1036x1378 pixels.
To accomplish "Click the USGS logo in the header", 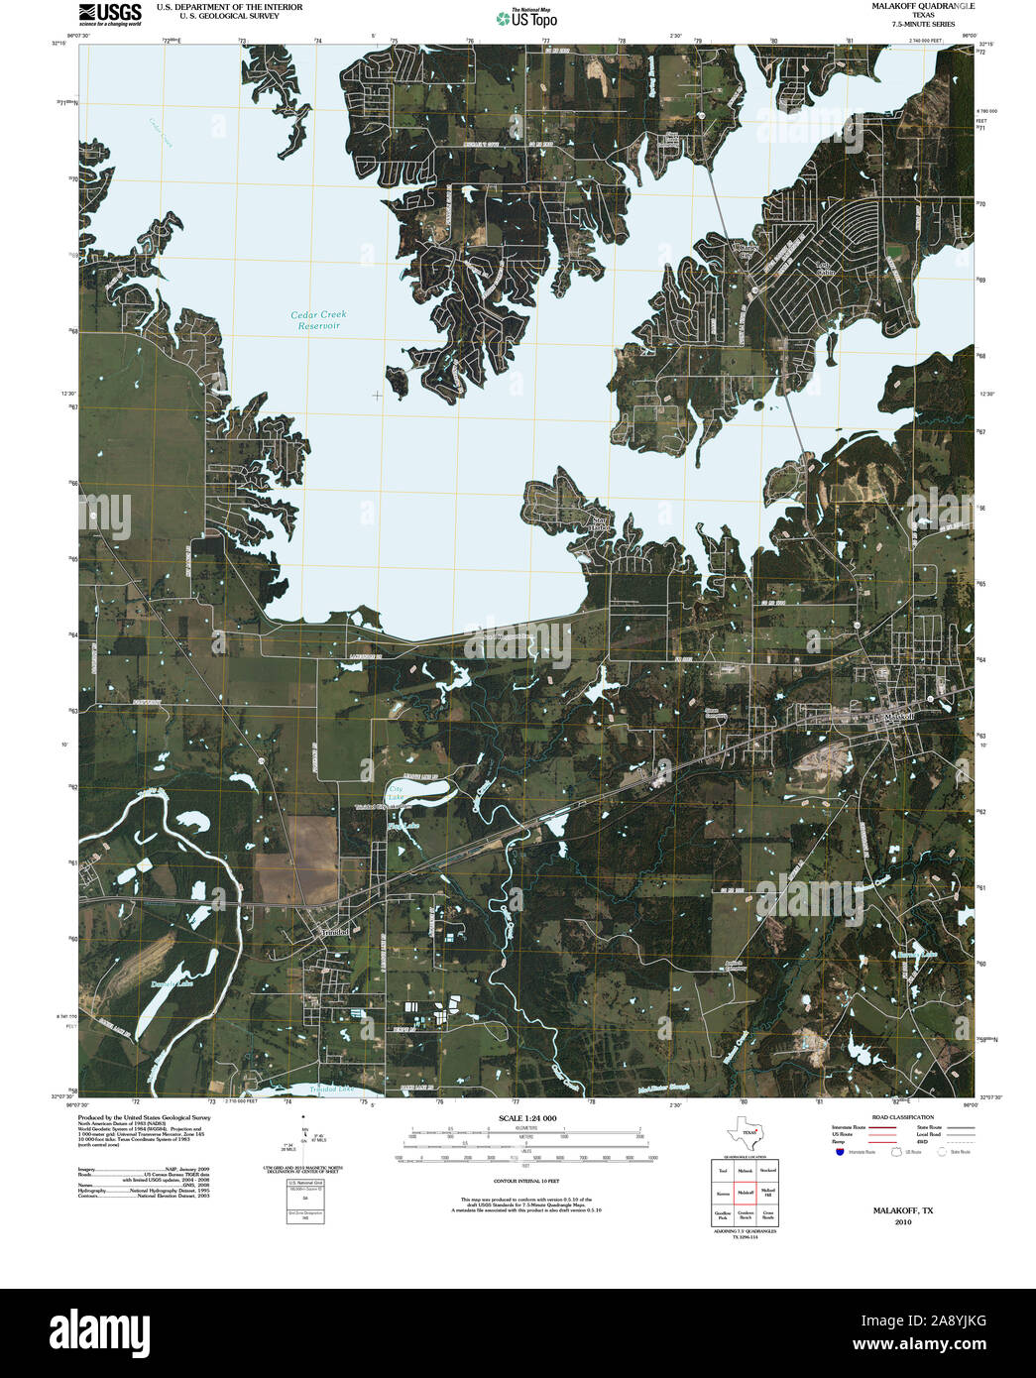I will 110,13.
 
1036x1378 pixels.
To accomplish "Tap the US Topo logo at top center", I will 527,18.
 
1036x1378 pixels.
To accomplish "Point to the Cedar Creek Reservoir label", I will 318,320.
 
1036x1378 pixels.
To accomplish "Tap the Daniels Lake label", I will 171,983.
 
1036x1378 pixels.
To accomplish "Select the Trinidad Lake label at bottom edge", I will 332,1089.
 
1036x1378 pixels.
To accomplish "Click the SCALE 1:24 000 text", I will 526,1118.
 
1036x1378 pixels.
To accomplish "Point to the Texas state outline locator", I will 744,1132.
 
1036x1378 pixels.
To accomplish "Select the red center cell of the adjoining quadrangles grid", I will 745,1193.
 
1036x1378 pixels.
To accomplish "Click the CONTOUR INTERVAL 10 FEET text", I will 526,1181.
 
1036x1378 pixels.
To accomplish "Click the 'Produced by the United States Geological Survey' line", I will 144,1117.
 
